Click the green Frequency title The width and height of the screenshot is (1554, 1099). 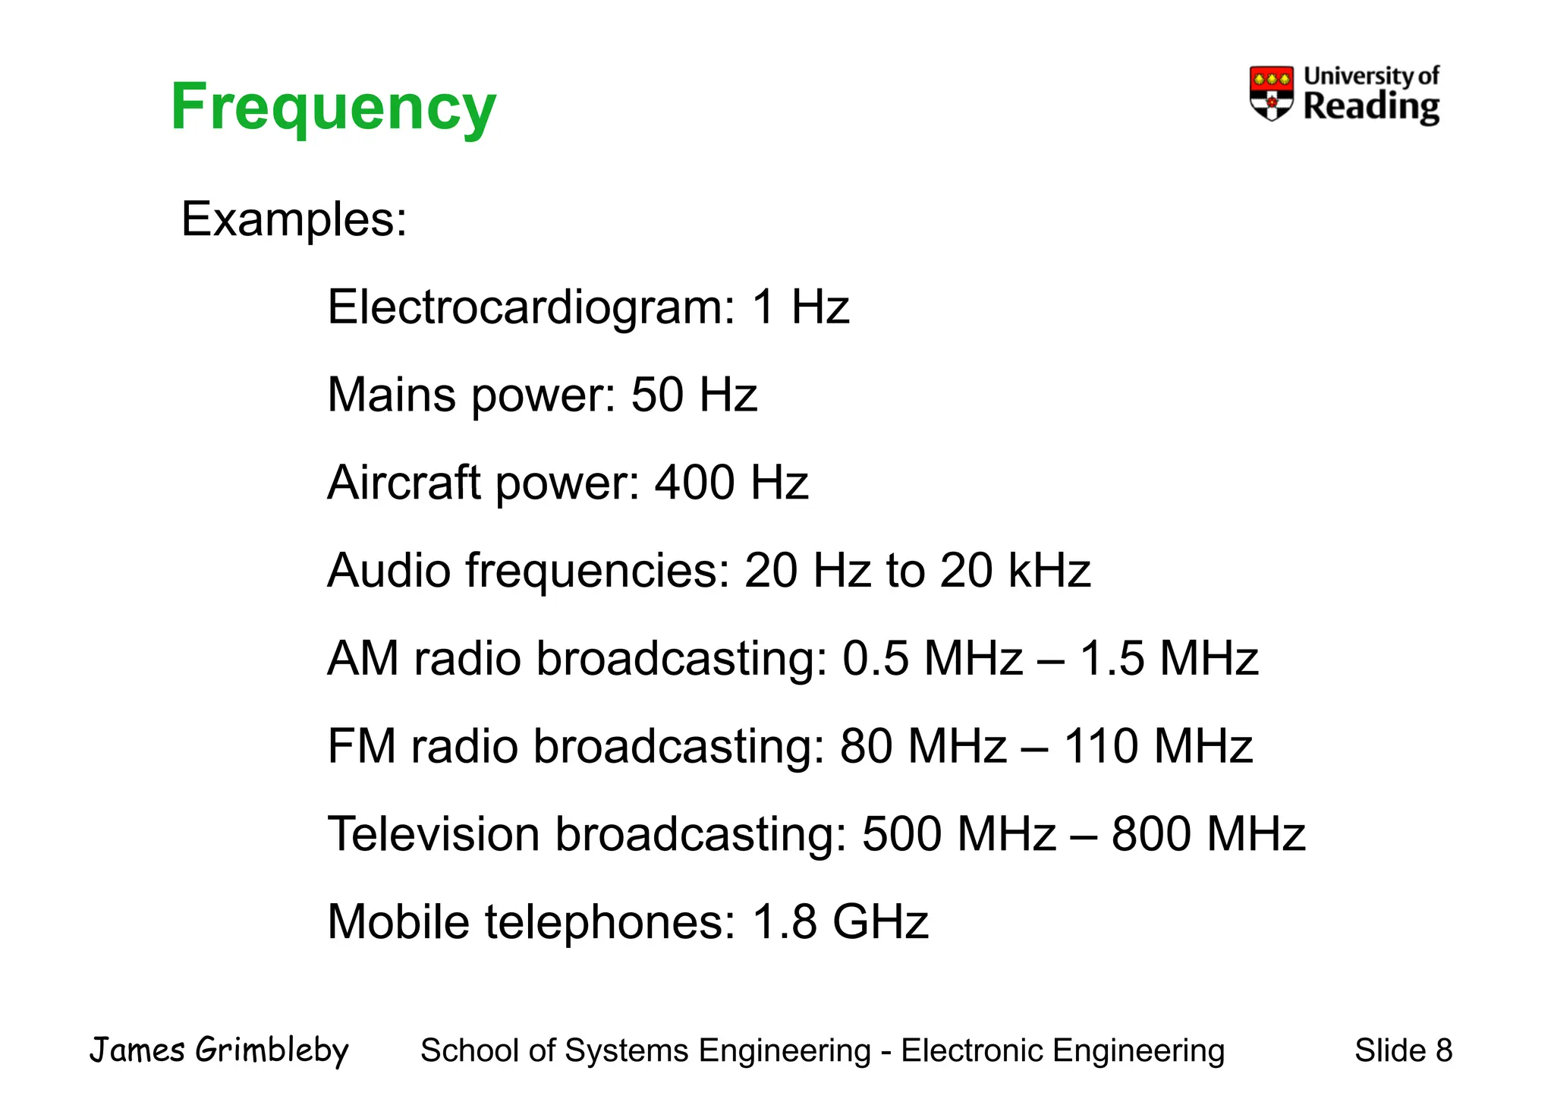(x=333, y=108)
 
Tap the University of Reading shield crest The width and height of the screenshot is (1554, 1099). (x=1271, y=93)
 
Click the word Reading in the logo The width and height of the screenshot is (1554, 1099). (x=1371, y=107)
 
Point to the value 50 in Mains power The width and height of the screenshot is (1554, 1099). (x=657, y=395)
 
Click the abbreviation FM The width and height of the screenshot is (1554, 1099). (x=362, y=746)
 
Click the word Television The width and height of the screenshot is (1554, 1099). (x=433, y=834)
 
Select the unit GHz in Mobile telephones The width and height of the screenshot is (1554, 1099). (x=880, y=922)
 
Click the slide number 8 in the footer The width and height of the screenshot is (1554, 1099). (x=1443, y=1051)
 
